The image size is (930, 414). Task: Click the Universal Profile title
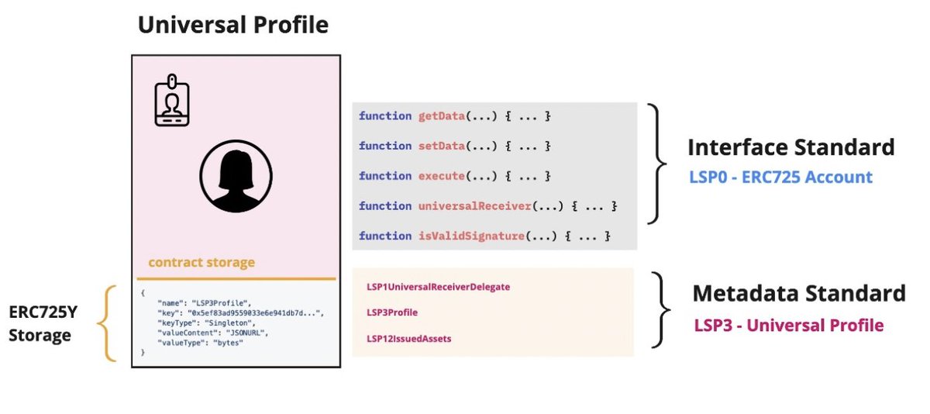pyautogui.click(x=232, y=25)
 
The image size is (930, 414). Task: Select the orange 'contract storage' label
pyautogui.click(x=201, y=263)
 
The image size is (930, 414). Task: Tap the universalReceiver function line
pyautogui.click(x=487, y=206)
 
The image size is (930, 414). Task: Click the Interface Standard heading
pyautogui.click(x=790, y=147)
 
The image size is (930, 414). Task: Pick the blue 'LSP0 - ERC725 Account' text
pyautogui.click(x=780, y=178)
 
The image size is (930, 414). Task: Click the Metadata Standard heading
pyautogui.click(x=798, y=294)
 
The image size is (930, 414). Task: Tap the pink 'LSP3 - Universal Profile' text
pyautogui.click(x=788, y=325)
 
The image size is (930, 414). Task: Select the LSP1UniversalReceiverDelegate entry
pyautogui.click(x=438, y=287)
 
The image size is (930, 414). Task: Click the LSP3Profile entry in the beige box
pyautogui.click(x=392, y=312)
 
